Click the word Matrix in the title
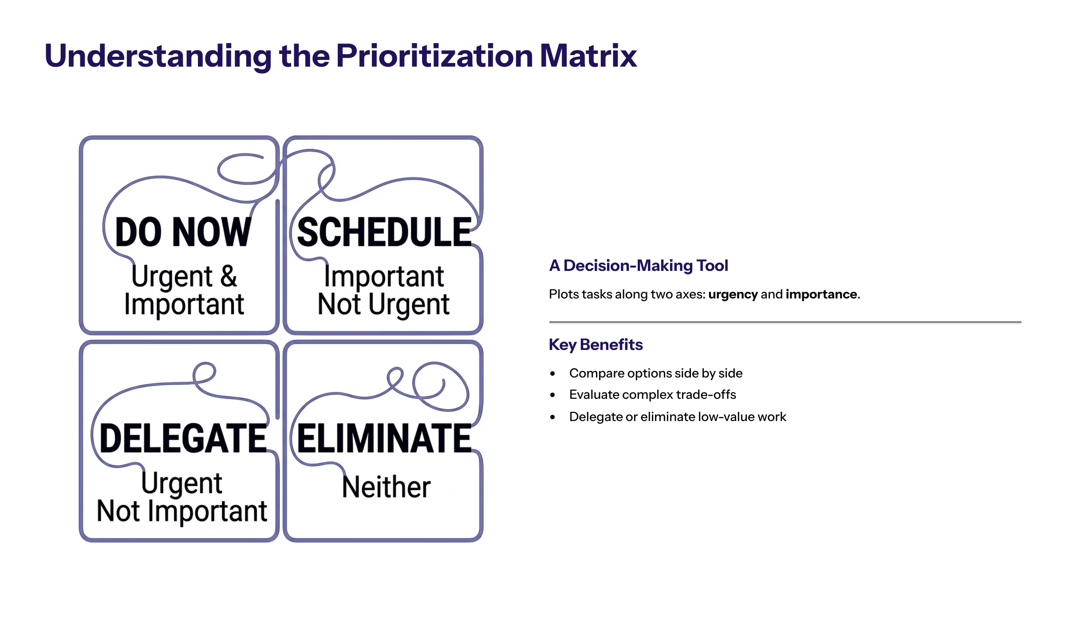588,56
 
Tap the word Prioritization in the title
434,56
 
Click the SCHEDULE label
384,232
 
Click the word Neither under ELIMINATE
386,487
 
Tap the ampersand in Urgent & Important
229,276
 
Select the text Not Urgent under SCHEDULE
384,305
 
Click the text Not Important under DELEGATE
182,511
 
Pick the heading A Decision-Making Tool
639,266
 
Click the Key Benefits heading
596,345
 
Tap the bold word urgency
733,294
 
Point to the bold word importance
821,294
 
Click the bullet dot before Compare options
552,374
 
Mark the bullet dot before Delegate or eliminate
552,417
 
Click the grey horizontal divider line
785,322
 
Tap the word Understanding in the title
158,56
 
